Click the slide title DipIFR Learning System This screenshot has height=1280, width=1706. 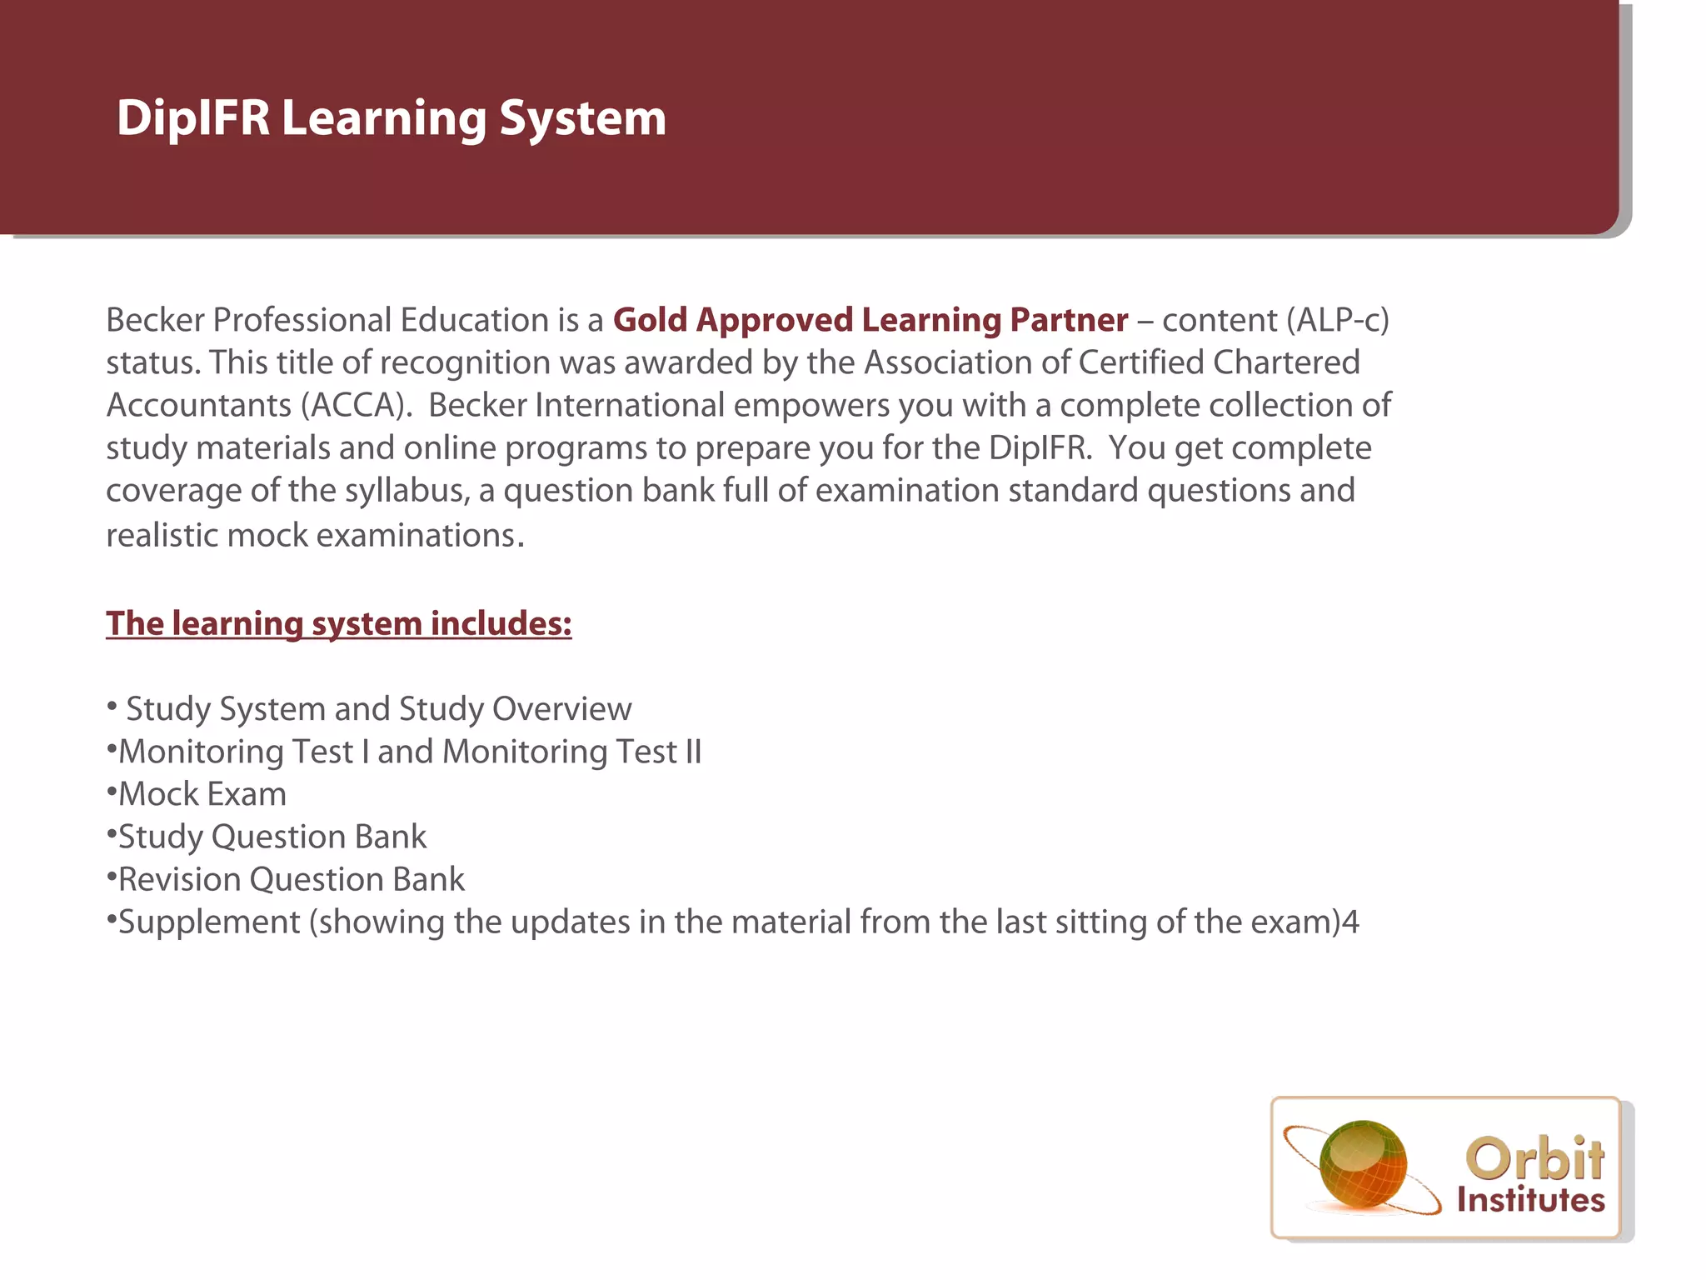[x=391, y=118]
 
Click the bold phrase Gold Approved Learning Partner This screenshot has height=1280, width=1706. [x=870, y=320]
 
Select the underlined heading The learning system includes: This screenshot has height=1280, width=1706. [x=338, y=623]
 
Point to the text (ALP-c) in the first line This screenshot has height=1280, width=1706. [x=1338, y=320]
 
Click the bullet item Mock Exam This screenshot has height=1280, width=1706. [x=202, y=794]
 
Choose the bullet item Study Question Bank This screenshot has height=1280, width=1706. [x=272, y=837]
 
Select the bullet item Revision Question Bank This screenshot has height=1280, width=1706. [x=291, y=879]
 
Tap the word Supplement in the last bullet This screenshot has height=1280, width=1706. [x=209, y=922]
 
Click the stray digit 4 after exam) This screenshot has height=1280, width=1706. [x=1350, y=922]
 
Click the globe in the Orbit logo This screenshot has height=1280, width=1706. [x=1363, y=1165]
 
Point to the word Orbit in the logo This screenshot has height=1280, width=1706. [x=1534, y=1158]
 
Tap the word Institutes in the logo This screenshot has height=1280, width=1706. [x=1530, y=1200]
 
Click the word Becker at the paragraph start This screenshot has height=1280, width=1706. [x=155, y=320]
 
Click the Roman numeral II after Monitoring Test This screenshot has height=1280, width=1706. [x=693, y=752]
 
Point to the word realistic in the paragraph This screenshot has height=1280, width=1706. [x=162, y=535]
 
